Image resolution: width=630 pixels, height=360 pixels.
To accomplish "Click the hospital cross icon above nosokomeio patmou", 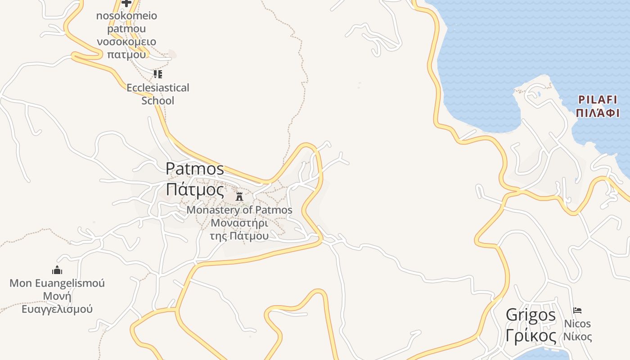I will [x=126, y=3].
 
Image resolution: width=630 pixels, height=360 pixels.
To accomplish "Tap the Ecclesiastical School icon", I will [x=157, y=74].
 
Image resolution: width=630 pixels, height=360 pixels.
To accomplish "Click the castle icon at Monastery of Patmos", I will [x=239, y=196].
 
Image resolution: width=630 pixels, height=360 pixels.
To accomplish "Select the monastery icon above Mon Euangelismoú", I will [x=57, y=270].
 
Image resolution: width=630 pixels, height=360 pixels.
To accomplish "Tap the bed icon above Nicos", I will [x=577, y=310].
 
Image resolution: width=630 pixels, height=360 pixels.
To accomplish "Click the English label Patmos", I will [x=195, y=169].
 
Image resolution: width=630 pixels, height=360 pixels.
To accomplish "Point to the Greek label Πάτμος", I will [x=195, y=189].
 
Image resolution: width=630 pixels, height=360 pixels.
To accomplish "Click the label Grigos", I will [x=531, y=315].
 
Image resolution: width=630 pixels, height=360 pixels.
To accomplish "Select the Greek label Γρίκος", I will [x=531, y=335].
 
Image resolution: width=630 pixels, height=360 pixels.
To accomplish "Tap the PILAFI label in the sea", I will [x=598, y=99].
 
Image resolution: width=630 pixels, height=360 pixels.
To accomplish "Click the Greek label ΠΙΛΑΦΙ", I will [x=598, y=112].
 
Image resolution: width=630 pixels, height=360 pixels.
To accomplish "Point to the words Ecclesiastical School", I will [x=158, y=94].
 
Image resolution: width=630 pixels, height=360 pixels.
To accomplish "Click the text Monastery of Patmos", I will [x=239, y=210].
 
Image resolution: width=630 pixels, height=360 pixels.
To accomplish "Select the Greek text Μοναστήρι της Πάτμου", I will [x=239, y=229].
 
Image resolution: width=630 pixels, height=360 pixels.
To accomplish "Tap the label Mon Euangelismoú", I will [x=57, y=283].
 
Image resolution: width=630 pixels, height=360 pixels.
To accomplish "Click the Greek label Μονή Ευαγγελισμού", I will [x=57, y=303].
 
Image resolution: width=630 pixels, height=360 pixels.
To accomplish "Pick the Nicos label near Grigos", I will [x=578, y=324].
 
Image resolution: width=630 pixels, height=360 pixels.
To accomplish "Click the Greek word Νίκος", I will [x=578, y=336].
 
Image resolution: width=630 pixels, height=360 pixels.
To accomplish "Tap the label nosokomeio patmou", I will [x=127, y=22].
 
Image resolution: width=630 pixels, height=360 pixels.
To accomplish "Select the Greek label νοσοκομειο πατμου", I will [x=127, y=48].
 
